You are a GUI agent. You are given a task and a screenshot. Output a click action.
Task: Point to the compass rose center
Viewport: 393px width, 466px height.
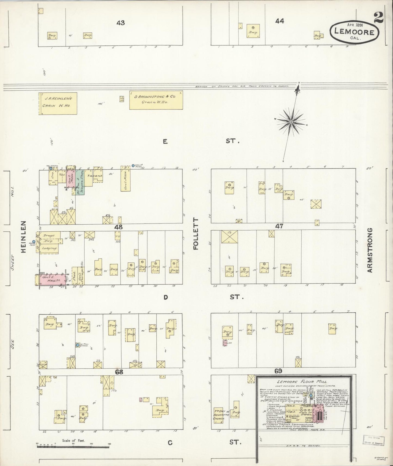(291, 122)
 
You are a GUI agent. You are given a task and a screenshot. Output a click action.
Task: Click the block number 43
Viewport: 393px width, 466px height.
(120, 23)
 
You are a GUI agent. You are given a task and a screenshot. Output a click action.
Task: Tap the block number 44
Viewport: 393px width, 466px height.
(279, 21)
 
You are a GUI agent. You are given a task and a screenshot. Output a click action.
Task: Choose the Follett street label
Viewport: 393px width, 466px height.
(196, 234)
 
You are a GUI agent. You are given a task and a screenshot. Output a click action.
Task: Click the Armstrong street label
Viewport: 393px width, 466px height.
(369, 250)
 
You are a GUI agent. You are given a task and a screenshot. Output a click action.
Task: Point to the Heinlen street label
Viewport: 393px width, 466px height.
(24, 237)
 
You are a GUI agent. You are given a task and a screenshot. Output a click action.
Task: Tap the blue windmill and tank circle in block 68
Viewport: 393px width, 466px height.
(78, 345)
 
